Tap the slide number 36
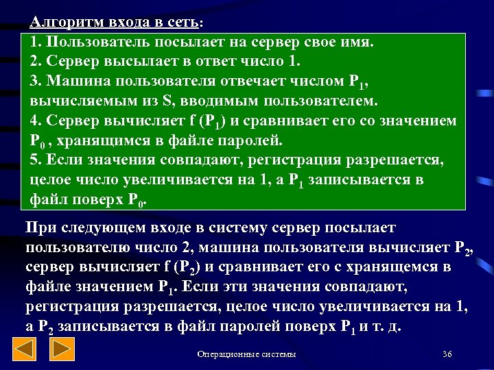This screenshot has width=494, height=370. (447, 354)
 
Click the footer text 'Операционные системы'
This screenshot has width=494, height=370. (246, 354)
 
